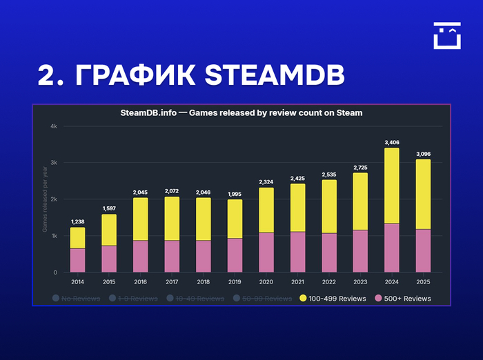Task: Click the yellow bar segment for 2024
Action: click(391, 186)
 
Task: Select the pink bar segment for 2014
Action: click(78, 260)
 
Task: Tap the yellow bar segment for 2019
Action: click(235, 219)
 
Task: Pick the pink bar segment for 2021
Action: click(297, 252)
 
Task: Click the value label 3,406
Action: click(391, 143)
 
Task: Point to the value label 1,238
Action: click(78, 222)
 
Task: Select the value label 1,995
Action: click(235, 194)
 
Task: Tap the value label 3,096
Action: click(422, 154)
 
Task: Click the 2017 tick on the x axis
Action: click(172, 281)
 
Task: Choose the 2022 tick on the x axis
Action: click(328, 281)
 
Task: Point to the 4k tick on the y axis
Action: click(54, 126)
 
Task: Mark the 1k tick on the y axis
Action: click(54, 236)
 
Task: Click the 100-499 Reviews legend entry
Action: click(333, 299)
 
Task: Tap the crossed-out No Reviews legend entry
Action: click(77, 299)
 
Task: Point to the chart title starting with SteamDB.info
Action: click(241, 112)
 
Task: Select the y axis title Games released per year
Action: click(45, 200)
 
